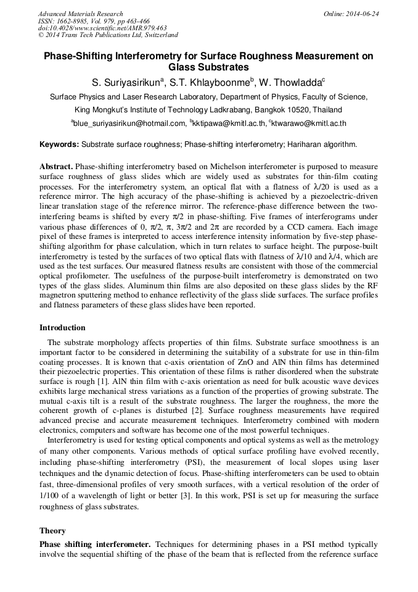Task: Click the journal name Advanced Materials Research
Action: point(81,14)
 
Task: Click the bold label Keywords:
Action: point(59,144)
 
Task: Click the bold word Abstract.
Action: point(56,167)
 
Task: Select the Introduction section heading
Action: point(62,327)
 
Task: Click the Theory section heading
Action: point(52,530)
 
